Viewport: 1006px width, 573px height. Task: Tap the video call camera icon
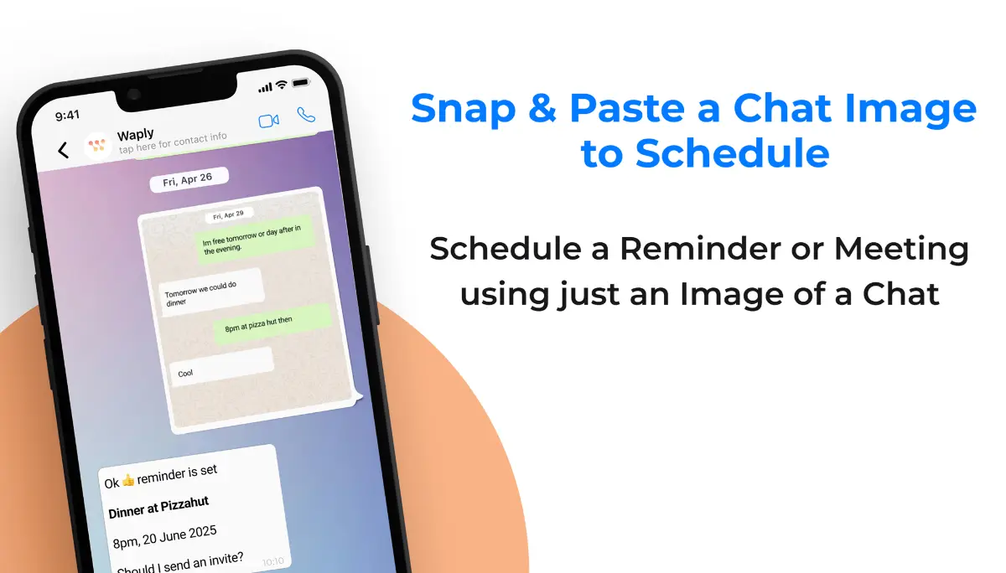[268, 121]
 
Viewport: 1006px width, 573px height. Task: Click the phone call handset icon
[306, 115]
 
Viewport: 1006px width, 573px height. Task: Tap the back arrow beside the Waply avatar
[64, 150]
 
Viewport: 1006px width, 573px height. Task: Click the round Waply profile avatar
[97, 146]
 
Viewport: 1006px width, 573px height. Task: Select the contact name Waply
[136, 134]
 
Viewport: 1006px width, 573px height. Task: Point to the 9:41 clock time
[67, 116]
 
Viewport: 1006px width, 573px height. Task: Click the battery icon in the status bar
[301, 83]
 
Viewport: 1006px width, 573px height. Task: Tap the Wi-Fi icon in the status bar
[282, 85]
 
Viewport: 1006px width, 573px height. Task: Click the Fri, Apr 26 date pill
[189, 179]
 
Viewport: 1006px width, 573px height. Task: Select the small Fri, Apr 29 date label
[228, 215]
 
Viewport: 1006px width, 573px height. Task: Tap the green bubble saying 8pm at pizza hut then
[272, 323]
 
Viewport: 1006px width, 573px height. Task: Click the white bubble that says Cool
[222, 366]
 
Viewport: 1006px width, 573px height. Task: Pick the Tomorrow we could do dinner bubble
[211, 292]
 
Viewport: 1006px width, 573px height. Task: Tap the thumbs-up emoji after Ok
[128, 481]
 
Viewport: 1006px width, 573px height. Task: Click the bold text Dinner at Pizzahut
[158, 507]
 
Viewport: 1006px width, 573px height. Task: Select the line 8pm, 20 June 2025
[164, 537]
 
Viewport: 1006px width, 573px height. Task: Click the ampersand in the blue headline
[542, 108]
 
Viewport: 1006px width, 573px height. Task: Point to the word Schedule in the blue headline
[732, 153]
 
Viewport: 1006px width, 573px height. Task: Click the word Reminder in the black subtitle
[700, 248]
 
